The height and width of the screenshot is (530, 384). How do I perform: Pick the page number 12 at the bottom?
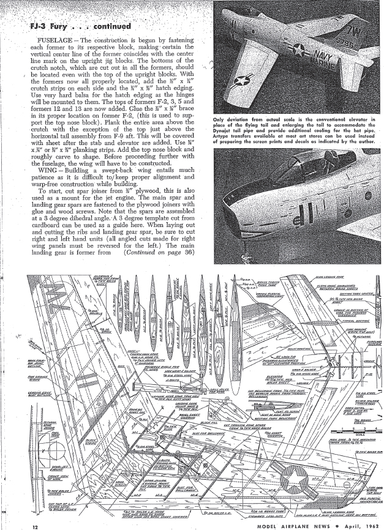coord(36,525)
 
